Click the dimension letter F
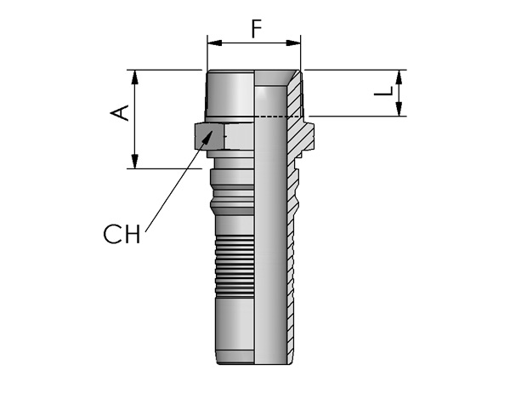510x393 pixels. (257, 28)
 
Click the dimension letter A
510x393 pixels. (120, 113)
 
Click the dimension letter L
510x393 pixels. (384, 91)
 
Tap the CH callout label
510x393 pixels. (122, 234)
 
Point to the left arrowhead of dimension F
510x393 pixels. (215, 43)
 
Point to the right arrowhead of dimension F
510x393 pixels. (293, 43)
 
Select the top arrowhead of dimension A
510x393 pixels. (134, 77)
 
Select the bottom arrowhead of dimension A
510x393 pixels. (134, 162)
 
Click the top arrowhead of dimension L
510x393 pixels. (399, 77)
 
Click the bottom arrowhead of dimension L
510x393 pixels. (399, 109)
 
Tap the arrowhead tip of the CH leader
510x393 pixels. (213, 130)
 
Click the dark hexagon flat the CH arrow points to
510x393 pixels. (210, 136)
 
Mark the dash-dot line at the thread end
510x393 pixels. (277, 117)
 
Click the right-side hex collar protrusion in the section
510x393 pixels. (309, 136)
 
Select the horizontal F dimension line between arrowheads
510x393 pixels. (254, 43)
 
